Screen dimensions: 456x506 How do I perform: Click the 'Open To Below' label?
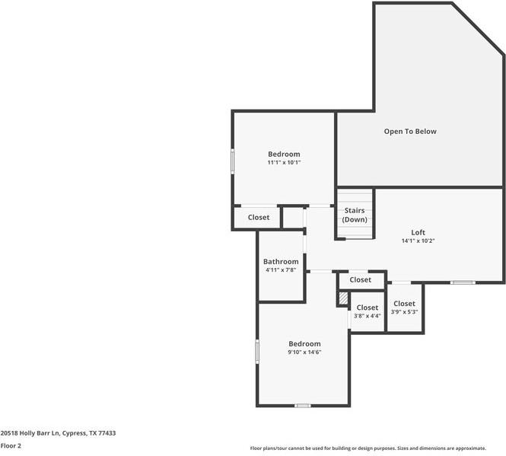[x=409, y=132]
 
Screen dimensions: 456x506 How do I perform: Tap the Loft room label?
[x=418, y=232]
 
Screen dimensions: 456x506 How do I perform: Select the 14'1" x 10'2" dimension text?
[x=418, y=241]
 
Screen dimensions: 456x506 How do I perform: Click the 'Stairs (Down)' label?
[x=354, y=215]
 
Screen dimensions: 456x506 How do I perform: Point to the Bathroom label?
[x=281, y=262]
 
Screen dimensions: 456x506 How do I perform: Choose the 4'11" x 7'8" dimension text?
[x=281, y=270]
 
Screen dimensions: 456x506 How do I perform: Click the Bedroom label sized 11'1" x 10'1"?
[x=284, y=154]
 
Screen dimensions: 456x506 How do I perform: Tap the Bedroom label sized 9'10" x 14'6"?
[x=304, y=343]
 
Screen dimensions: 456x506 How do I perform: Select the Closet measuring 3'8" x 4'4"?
[x=367, y=308]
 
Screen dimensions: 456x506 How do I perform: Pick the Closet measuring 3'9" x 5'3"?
[x=404, y=304]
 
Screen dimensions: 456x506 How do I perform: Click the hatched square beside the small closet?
[x=342, y=298]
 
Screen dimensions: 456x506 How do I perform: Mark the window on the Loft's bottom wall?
[x=462, y=283]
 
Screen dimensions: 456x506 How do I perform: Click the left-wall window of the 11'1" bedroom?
[x=233, y=161]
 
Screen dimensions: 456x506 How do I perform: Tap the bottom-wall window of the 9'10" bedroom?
[x=303, y=406]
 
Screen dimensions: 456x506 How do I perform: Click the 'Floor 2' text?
[x=10, y=446]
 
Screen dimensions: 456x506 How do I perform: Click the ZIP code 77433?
[x=107, y=432]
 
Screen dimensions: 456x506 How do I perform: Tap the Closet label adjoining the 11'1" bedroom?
[x=258, y=218]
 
